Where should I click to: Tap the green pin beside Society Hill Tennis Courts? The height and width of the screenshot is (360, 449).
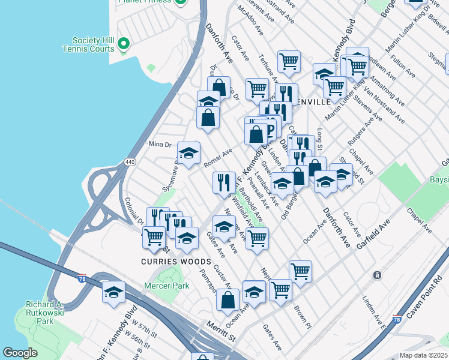[x=124, y=43]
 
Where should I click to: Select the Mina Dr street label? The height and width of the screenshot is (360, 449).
[x=160, y=145]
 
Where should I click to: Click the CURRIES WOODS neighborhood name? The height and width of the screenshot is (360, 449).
[x=176, y=262]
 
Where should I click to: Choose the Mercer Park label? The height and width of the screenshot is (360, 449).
[x=167, y=286]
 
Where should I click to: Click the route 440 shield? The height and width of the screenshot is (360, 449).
[x=129, y=162]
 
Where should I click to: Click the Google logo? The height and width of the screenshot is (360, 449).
[x=20, y=353]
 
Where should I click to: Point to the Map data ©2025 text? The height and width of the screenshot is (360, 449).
[x=423, y=355]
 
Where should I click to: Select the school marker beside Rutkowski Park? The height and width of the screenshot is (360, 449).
[x=113, y=292]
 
